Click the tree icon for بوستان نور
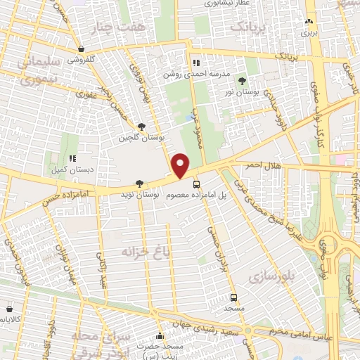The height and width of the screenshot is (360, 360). coord(243,82)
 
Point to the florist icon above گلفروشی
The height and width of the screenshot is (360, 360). coord(82,49)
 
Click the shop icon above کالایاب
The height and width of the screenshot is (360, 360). coord(10,308)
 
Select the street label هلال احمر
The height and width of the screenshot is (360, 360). coord(263,165)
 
